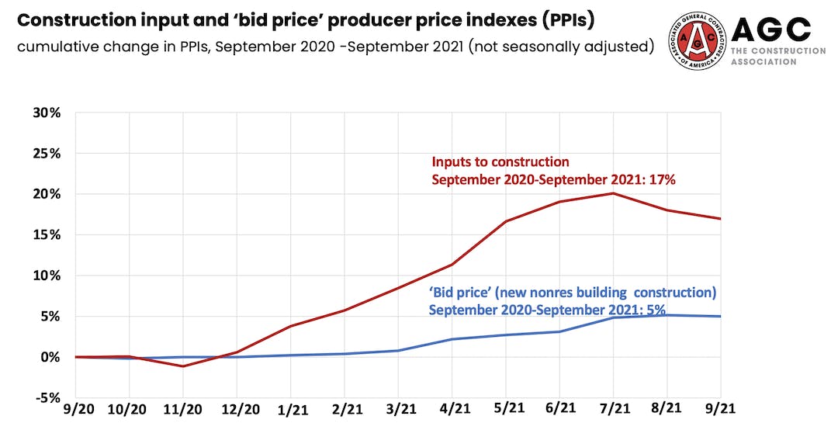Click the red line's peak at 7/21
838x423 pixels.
point(614,193)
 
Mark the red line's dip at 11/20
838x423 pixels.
point(183,366)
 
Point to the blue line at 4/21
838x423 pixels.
point(452,339)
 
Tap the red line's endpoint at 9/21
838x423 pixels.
point(721,219)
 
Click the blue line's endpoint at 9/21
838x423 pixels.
point(721,317)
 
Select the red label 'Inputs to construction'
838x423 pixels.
point(500,163)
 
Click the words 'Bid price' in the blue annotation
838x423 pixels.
point(459,293)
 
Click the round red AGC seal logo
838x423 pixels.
point(701,40)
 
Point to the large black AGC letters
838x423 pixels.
point(771,31)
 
